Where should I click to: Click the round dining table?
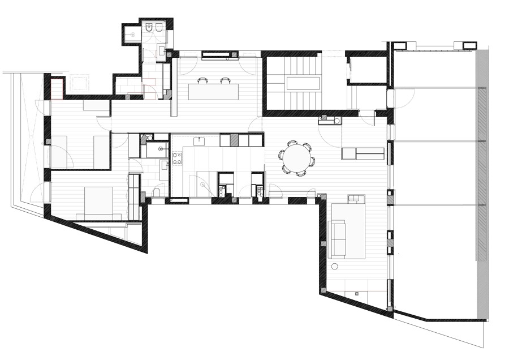(296, 158)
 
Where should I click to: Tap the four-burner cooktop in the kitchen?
(176, 158)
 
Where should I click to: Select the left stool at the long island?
(202, 80)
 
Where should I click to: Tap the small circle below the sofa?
(334, 266)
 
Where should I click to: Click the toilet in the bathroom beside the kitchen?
(157, 192)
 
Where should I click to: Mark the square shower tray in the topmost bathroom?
(132, 35)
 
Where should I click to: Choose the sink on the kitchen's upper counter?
(199, 140)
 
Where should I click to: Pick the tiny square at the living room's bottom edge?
(357, 293)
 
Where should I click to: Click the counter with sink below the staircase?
(330, 120)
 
